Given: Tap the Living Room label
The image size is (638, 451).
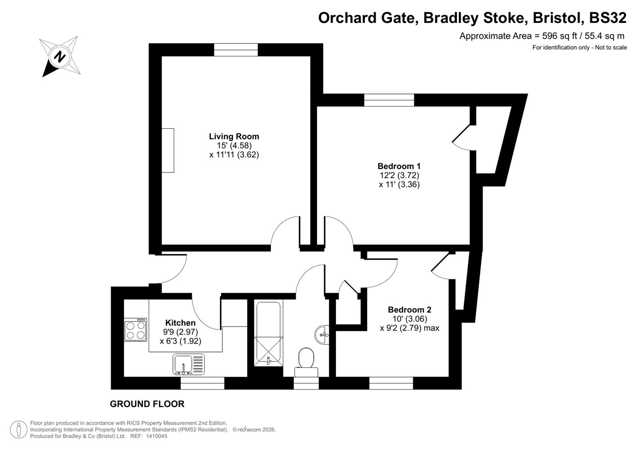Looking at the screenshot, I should [x=234, y=137].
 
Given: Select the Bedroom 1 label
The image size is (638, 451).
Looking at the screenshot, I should [x=399, y=166].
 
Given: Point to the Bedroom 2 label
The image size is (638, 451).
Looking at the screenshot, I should [x=409, y=310].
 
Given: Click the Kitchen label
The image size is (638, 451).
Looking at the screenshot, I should [x=180, y=323].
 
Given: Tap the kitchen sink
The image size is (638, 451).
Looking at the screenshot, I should [x=189, y=364].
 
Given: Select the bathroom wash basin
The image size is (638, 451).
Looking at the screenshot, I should [x=322, y=334].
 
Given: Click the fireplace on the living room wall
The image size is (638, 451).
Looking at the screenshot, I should [x=168, y=150].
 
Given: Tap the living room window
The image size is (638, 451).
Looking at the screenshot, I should [x=236, y=50].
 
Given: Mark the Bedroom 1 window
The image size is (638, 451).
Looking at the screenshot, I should [x=389, y=100].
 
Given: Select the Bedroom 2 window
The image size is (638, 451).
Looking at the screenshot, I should [x=391, y=383].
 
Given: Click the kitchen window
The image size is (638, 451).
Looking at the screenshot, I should [x=202, y=383].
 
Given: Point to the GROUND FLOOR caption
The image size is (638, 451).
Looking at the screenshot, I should [x=147, y=404].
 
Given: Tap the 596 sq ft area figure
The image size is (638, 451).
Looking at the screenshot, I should [x=557, y=36].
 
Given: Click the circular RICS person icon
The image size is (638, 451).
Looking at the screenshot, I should [x=19, y=429].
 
